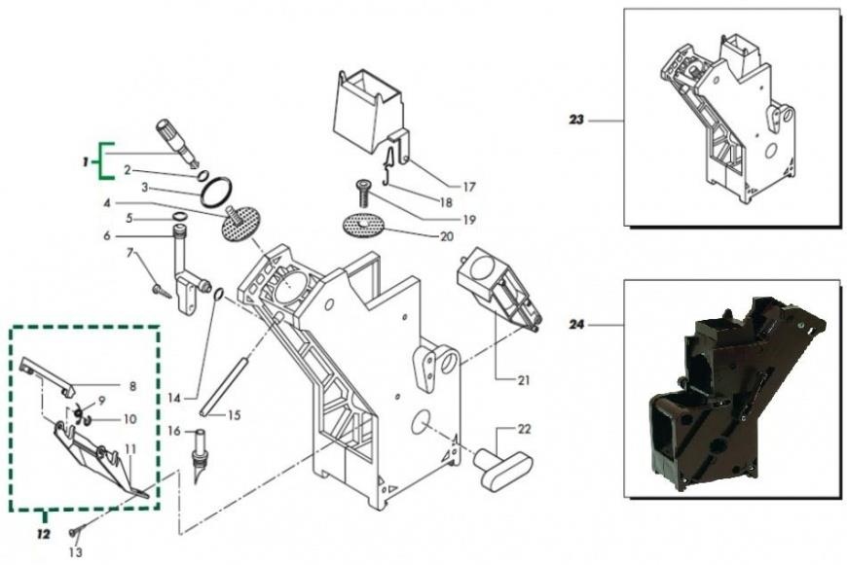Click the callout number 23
[576, 120]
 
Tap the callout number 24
[577, 325]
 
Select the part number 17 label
[469, 187]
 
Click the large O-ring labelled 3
[216, 193]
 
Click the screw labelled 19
[361, 194]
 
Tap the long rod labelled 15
[222, 387]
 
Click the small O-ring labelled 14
[218, 294]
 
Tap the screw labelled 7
[162, 291]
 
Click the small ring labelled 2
[203, 176]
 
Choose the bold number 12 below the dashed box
[43, 534]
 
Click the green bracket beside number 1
[100, 160]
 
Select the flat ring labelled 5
[180, 217]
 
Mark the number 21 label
[523, 380]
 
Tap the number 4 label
[107, 203]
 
